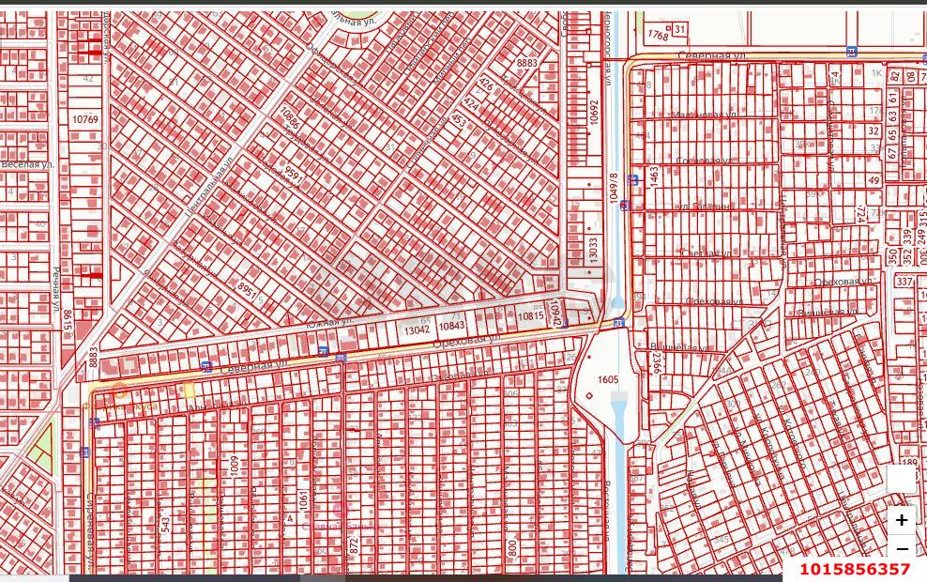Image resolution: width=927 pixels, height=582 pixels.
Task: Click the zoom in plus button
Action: [901, 519]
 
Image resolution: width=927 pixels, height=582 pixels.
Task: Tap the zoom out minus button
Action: [901, 549]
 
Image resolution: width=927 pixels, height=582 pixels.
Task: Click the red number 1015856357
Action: [854, 569]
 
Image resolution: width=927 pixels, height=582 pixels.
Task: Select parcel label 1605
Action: [608, 379]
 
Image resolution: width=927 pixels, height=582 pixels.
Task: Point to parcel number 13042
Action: [417, 329]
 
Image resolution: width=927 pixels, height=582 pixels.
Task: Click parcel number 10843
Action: [451, 326]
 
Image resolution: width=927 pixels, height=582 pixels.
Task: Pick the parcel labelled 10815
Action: [530, 316]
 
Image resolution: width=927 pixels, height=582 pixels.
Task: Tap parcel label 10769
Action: [84, 119]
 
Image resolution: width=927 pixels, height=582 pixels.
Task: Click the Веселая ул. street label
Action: [27, 164]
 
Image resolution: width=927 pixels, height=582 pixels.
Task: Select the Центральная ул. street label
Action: [208, 187]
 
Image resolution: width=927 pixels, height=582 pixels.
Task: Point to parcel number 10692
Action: [593, 114]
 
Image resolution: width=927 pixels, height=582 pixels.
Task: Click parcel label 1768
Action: [658, 35]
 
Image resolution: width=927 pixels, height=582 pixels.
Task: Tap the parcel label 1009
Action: [236, 467]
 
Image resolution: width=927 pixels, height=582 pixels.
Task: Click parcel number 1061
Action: [303, 498]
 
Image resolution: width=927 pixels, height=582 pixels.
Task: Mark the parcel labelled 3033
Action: [592, 248]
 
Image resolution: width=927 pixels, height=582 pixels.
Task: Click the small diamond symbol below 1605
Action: [589, 395]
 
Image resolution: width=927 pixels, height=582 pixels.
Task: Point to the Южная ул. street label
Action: [329, 322]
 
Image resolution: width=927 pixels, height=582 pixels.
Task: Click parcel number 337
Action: [904, 282]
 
